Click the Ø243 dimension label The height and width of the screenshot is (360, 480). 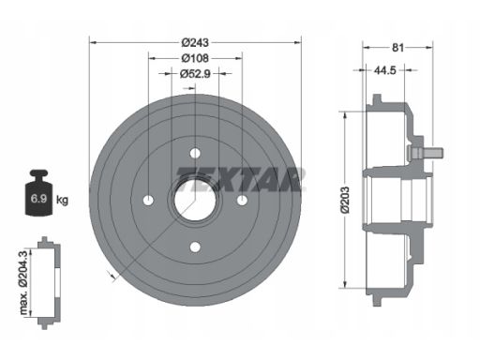(x=195, y=42)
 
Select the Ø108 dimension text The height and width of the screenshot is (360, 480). (x=195, y=58)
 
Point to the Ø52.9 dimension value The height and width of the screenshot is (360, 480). (x=195, y=74)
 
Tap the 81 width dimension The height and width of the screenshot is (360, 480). (x=397, y=48)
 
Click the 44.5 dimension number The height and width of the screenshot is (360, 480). (x=385, y=70)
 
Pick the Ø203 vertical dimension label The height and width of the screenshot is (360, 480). (x=345, y=200)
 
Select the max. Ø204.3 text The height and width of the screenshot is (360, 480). (x=23, y=282)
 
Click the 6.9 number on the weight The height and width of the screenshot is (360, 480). (x=38, y=198)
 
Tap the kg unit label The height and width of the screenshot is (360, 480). (x=62, y=199)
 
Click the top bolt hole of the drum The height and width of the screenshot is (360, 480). (x=195, y=153)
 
